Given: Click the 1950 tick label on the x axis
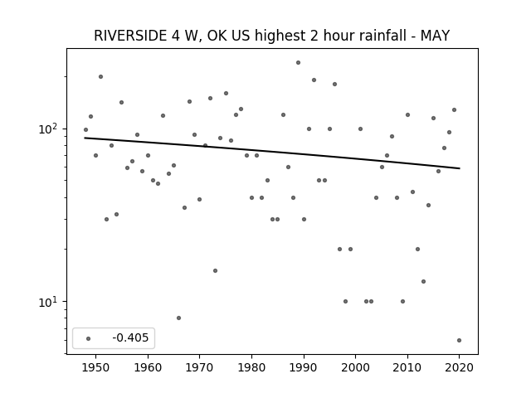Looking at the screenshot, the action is pos(96,367).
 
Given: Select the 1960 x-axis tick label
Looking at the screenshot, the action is pos(148,367).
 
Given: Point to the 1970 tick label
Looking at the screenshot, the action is pos(199,367).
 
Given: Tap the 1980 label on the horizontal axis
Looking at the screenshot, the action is pos(251,367).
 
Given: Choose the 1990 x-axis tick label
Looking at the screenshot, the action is pos(304,367).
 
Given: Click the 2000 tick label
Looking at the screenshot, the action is pos(355,367).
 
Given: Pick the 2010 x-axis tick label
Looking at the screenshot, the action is pos(407,367).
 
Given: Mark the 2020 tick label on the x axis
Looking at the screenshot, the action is pos(459,367).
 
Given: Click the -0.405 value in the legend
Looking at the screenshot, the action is pos(130,337).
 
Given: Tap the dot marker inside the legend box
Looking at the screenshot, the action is pos(89,338).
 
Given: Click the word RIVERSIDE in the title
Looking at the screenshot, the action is pos(130,36).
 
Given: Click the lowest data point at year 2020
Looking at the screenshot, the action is pos(459,341).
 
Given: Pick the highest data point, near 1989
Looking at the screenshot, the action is pos(298,63).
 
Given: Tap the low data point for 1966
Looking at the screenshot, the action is pos(179,318).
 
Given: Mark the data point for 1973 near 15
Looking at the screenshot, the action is pos(215,271).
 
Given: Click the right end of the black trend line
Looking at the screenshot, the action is pos(460,168).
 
